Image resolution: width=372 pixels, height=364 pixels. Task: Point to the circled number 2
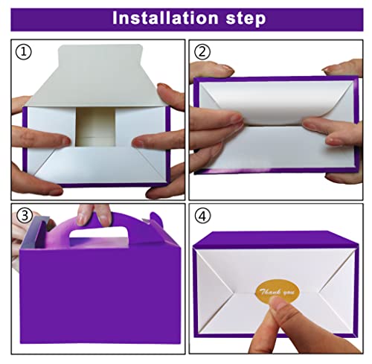point(202,52)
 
